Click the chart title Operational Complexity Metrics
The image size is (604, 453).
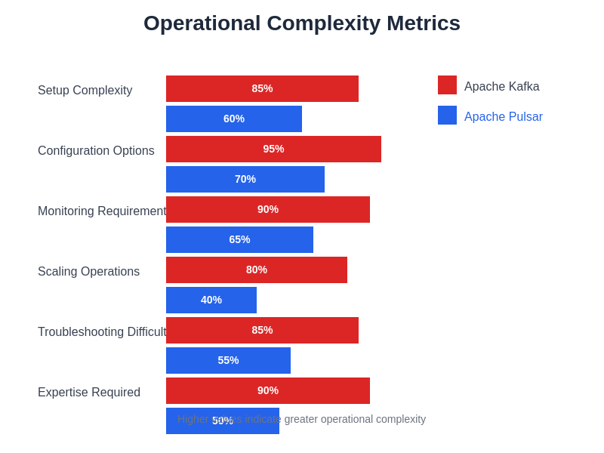pyautogui.click(x=302, y=23)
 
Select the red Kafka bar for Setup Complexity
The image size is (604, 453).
pyautogui.click(x=262, y=88)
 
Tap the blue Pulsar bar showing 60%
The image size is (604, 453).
pyautogui.click(x=234, y=119)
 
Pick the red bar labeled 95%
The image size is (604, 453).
pyautogui.click(x=273, y=149)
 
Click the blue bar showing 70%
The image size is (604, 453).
pyautogui.click(x=245, y=179)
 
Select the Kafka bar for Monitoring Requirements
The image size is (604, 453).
pyautogui.click(x=268, y=209)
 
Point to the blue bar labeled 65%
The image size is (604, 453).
pyautogui.click(x=239, y=239)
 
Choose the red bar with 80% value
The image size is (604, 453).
pyautogui.click(x=257, y=270)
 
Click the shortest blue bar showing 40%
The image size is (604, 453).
pyautogui.click(x=211, y=300)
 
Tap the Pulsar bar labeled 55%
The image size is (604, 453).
pyautogui.click(x=228, y=360)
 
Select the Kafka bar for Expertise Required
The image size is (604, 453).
pyautogui.click(x=268, y=390)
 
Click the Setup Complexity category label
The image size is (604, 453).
pyautogui.click(x=85, y=91)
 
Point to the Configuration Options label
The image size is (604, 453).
pyautogui.click(x=96, y=151)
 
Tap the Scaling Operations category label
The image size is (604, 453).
pyautogui.click(x=88, y=272)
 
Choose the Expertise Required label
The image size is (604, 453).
pyautogui.click(x=89, y=393)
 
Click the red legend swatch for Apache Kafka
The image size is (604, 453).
pyautogui.click(x=447, y=85)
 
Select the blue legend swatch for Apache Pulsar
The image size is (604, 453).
pyautogui.click(x=447, y=115)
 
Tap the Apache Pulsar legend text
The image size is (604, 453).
pyautogui.click(x=504, y=117)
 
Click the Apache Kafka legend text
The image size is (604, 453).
pyautogui.click(x=502, y=87)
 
